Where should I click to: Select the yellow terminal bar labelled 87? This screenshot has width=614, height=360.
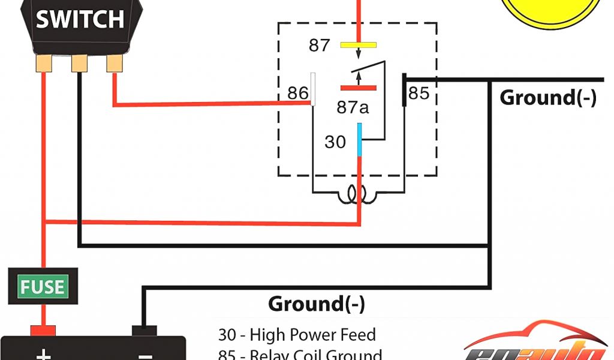pos(358,45)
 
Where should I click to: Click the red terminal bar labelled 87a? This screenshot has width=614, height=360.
pos(358,88)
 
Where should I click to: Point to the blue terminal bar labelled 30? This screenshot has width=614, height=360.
pos(359,139)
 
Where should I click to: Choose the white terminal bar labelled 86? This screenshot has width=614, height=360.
pos(312,89)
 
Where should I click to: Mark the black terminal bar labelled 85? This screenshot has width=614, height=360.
pos(405,90)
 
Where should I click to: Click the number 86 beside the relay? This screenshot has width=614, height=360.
pos(297,94)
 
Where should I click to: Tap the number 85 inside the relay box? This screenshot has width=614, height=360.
pos(419,94)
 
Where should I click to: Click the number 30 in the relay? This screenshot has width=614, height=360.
pos(336,142)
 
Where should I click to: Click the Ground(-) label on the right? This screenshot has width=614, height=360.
pos(548,98)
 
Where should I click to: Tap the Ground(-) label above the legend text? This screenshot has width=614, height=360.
pos(316,304)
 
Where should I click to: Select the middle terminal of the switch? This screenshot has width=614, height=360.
pos(79,63)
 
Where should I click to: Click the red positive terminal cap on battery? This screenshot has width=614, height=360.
pos(43,331)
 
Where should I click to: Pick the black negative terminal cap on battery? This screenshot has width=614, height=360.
pos(144,331)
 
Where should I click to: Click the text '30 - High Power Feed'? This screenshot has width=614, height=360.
pos(297,334)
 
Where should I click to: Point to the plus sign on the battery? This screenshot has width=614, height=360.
pos(43,354)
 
